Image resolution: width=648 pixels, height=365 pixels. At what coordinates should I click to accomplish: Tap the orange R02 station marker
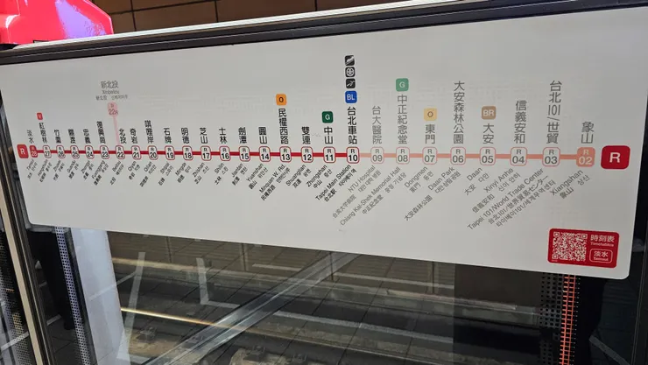pos(586,157)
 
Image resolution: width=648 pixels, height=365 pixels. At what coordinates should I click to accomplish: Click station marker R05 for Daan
pos(488,156)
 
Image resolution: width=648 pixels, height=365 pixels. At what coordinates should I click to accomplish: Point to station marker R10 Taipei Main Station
pos(352,155)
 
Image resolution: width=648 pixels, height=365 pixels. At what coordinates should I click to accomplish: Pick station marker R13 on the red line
pos(285,155)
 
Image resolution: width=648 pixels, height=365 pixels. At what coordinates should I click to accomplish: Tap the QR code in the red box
pos(569,246)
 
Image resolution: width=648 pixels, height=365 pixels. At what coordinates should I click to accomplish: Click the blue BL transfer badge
pos(351,97)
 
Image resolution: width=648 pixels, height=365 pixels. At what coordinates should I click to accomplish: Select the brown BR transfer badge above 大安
pos(488,112)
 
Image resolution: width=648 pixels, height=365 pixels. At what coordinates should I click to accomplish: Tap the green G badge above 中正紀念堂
pos(402,85)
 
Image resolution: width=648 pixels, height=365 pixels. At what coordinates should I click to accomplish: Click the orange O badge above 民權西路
pos(281,100)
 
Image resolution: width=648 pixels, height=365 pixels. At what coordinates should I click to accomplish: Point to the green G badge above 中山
pos(328,116)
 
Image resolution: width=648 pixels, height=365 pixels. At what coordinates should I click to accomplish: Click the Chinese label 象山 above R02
pos(586,134)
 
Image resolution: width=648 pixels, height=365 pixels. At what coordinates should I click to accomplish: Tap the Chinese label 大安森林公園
pos(458,112)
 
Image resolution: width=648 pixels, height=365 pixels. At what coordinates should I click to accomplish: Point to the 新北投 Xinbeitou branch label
pos(110,87)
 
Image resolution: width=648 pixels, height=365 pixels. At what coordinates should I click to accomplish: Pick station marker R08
pos(402,156)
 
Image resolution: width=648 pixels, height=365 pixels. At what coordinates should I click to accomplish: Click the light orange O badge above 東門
pos(430,114)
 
